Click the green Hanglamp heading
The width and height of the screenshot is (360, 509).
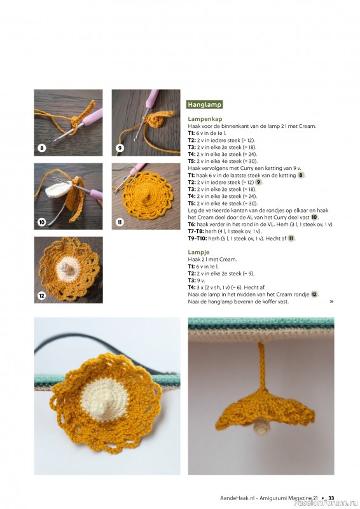[204, 104]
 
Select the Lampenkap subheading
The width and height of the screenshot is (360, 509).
[204, 119]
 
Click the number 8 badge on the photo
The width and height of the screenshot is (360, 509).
[42, 148]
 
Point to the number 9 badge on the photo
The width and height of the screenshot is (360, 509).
[120, 148]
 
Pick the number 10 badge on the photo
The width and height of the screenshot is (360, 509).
[42, 222]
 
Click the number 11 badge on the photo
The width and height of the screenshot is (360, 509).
[120, 222]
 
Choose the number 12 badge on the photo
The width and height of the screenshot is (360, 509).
[42, 295]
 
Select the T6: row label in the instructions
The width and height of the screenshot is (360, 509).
[191, 225]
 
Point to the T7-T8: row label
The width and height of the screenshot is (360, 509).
[196, 232]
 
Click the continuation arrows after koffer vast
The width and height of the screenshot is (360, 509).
[331, 302]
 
